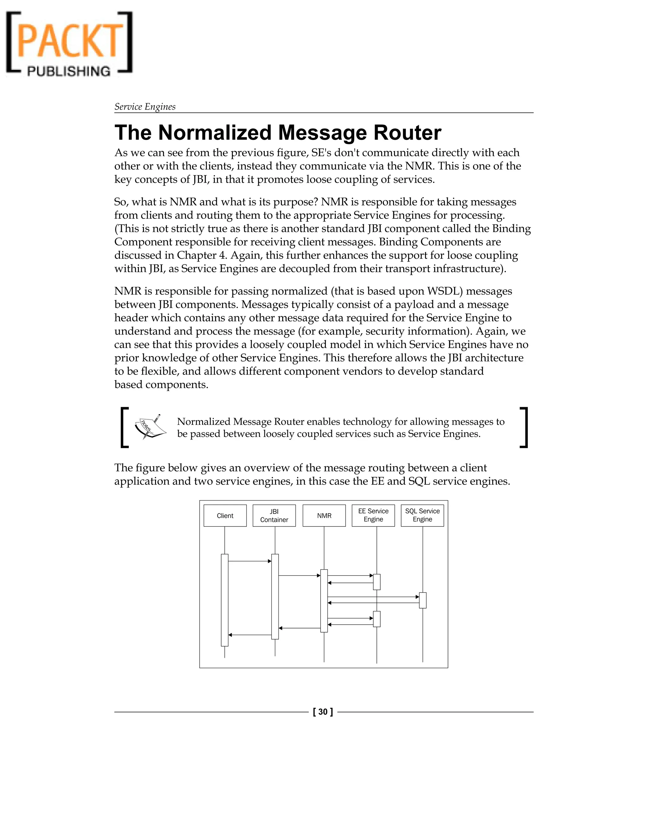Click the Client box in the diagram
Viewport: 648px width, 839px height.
pyautogui.click(x=225, y=515)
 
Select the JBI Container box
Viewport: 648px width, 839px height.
pyautogui.click(x=274, y=515)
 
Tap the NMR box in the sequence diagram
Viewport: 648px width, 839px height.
pyautogui.click(x=324, y=515)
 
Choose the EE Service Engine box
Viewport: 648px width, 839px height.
pyautogui.click(x=373, y=515)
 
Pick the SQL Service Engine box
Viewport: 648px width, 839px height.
pyautogui.click(x=422, y=515)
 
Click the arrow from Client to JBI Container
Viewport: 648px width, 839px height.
pyautogui.click(x=250, y=561)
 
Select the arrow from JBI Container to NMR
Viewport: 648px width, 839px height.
pyautogui.click(x=299, y=576)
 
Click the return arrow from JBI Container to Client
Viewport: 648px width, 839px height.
pyautogui.click(x=250, y=635)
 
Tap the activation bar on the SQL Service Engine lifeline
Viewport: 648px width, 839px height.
pyautogui.click(x=423, y=600)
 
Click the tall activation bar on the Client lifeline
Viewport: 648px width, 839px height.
pyautogui.click(x=225, y=599)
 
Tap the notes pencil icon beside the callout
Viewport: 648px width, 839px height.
pyautogui.click(x=150, y=426)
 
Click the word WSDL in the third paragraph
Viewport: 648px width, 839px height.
pyautogui.click(x=444, y=291)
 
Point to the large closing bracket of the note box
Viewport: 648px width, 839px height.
pyautogui.click(x=524, y=427)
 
